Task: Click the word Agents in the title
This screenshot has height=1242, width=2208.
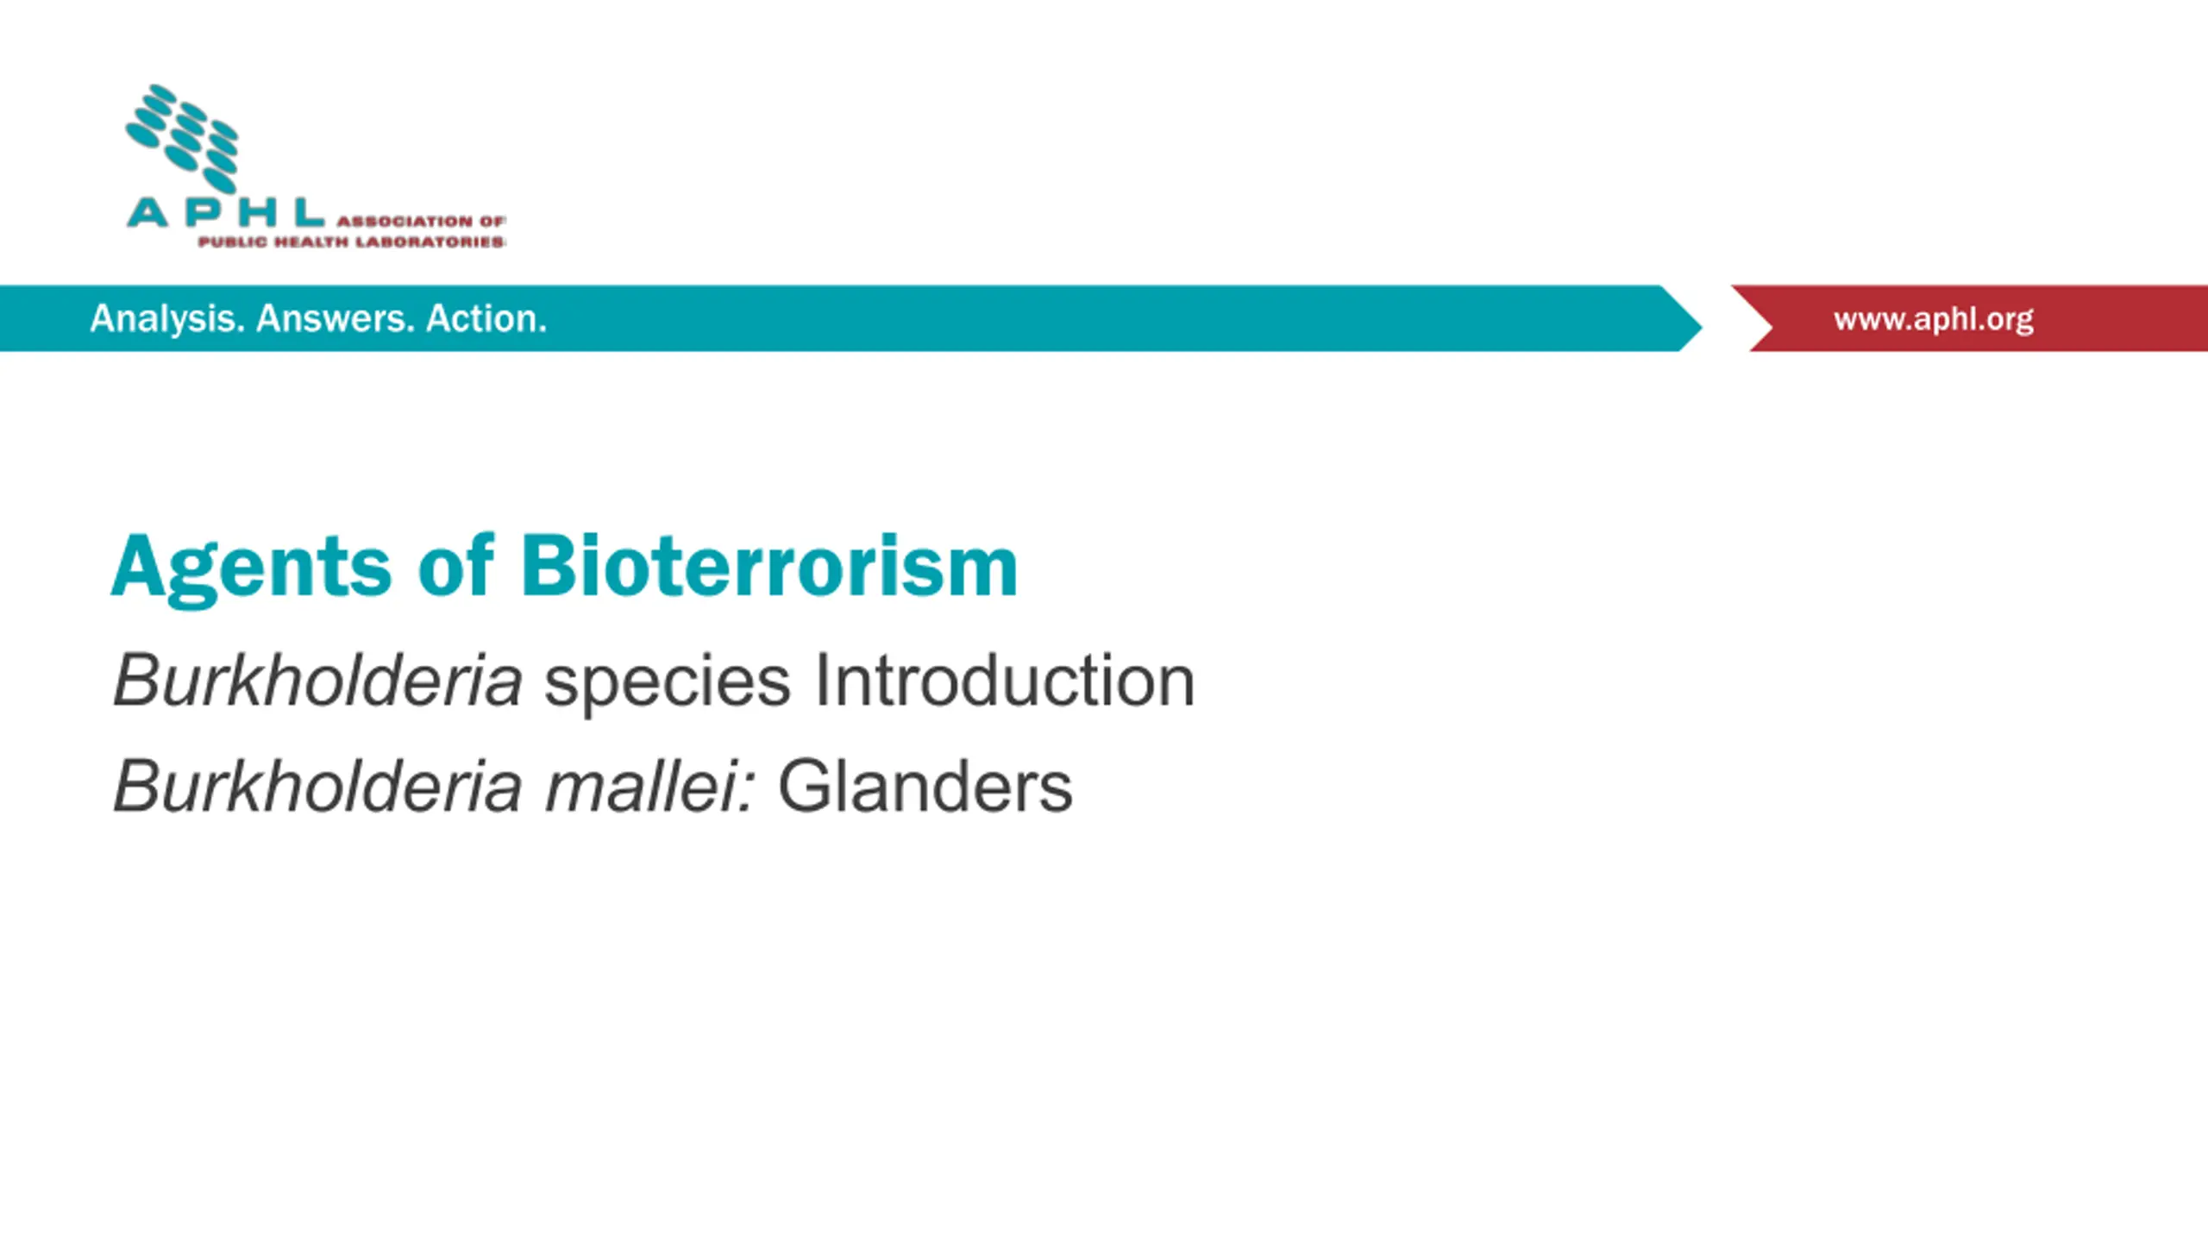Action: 251,569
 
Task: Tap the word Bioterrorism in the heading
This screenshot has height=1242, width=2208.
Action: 769,565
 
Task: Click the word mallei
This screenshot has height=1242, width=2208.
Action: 650,786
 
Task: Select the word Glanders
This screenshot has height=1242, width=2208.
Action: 925,786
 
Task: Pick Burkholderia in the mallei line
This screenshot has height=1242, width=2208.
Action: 317,786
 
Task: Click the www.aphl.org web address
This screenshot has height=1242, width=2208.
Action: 1934,319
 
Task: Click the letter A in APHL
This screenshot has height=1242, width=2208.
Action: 147,212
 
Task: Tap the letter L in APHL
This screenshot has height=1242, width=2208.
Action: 309,212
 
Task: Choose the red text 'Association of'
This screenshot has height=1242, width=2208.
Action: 421,222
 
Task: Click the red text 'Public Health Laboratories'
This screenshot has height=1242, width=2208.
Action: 352,241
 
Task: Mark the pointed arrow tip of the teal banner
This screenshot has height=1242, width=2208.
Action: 1702,325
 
